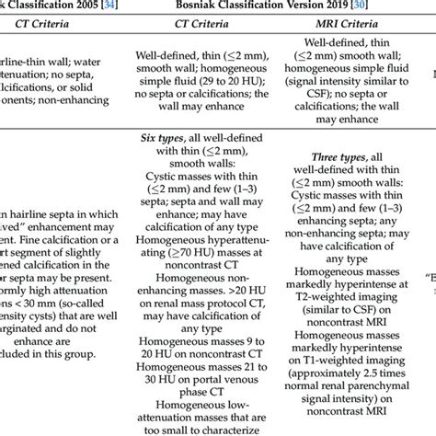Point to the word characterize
pos(213,429)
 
